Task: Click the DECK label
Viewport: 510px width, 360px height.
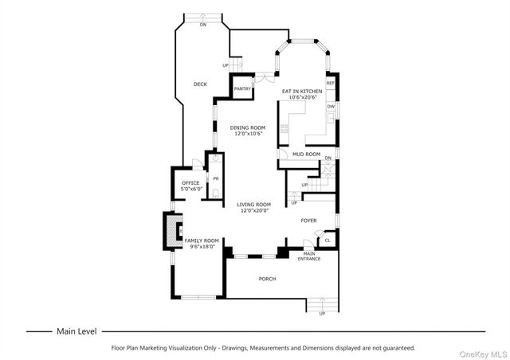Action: point(200,84)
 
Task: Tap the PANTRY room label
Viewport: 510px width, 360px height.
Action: point(242,88)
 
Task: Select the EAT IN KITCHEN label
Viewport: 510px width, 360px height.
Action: point(302,92)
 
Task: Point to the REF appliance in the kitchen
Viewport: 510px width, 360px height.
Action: point(331,84)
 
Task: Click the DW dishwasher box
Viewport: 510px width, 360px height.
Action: point(331,107)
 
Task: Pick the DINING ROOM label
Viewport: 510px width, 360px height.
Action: point(248,127)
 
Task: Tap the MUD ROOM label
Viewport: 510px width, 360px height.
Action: point(306,155)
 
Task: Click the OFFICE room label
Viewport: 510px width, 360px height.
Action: point(190,183)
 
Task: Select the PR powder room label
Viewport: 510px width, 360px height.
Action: point(216,179)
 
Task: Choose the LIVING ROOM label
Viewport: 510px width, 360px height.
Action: point(253,205)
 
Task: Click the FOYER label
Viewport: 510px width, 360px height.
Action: point(308,221)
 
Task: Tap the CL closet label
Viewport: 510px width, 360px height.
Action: point(328,241)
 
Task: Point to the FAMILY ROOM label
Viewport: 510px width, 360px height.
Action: point(202,241)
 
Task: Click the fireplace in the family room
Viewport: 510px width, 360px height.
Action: point(173,231)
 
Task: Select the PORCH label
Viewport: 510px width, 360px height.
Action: point(268,279)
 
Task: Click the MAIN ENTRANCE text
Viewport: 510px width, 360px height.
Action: point(309,256)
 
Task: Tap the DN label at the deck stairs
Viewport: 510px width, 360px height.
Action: point(203,25)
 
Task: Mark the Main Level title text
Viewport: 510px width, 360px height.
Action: point(76,331)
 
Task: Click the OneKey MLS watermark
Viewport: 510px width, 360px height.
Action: point(483,354)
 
